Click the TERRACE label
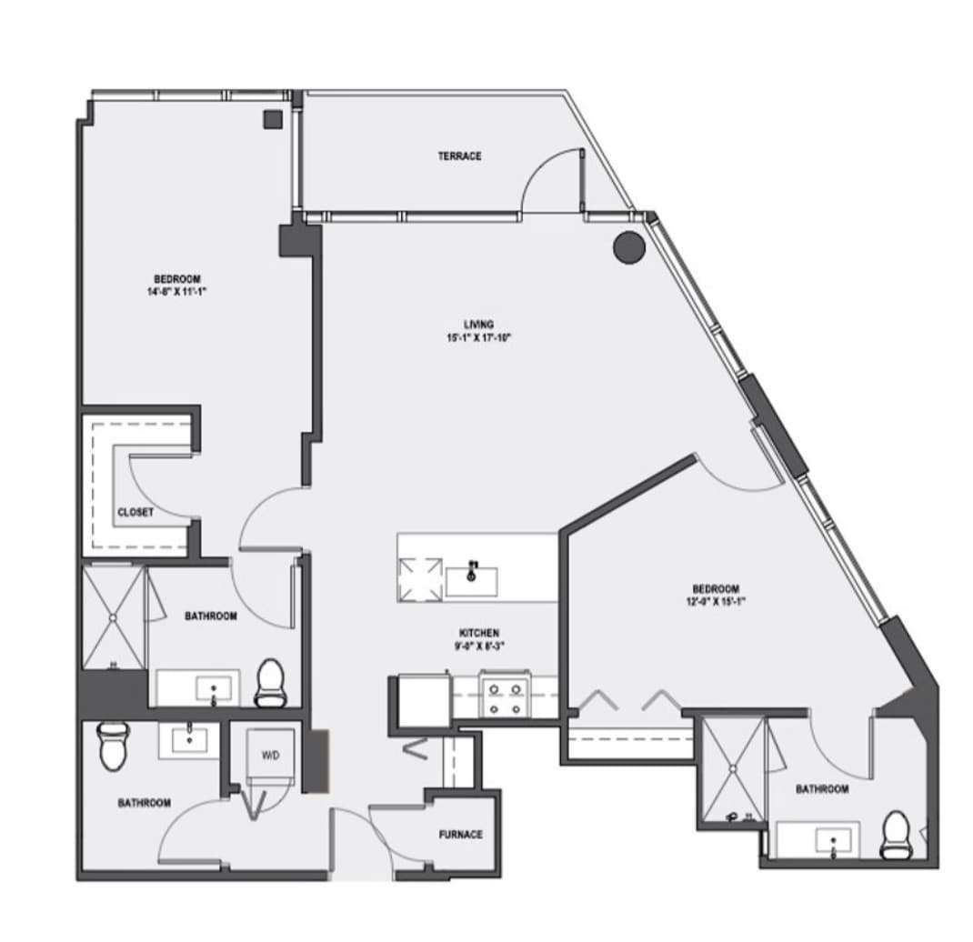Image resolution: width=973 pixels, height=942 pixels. click(459, 156)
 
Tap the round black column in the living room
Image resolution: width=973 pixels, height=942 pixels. click(628, 247)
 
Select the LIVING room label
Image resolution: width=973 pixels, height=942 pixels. click(478, 325)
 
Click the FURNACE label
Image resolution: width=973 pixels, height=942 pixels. click(460, 835)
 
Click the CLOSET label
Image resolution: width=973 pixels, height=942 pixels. click(135, 513)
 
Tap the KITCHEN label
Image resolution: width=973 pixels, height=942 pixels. click(478, 633)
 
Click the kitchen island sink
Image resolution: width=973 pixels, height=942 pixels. click(472, 579)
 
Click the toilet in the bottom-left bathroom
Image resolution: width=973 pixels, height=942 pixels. click(111, 745)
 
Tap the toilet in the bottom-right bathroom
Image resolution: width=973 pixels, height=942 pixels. click(896, 835)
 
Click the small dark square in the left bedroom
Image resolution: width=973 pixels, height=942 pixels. click(271, 118)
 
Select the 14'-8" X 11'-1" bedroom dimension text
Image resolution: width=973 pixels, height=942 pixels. click(176, 292)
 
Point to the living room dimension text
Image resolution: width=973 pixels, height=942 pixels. click(478, 337)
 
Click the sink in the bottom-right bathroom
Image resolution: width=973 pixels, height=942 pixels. click(833, 841)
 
